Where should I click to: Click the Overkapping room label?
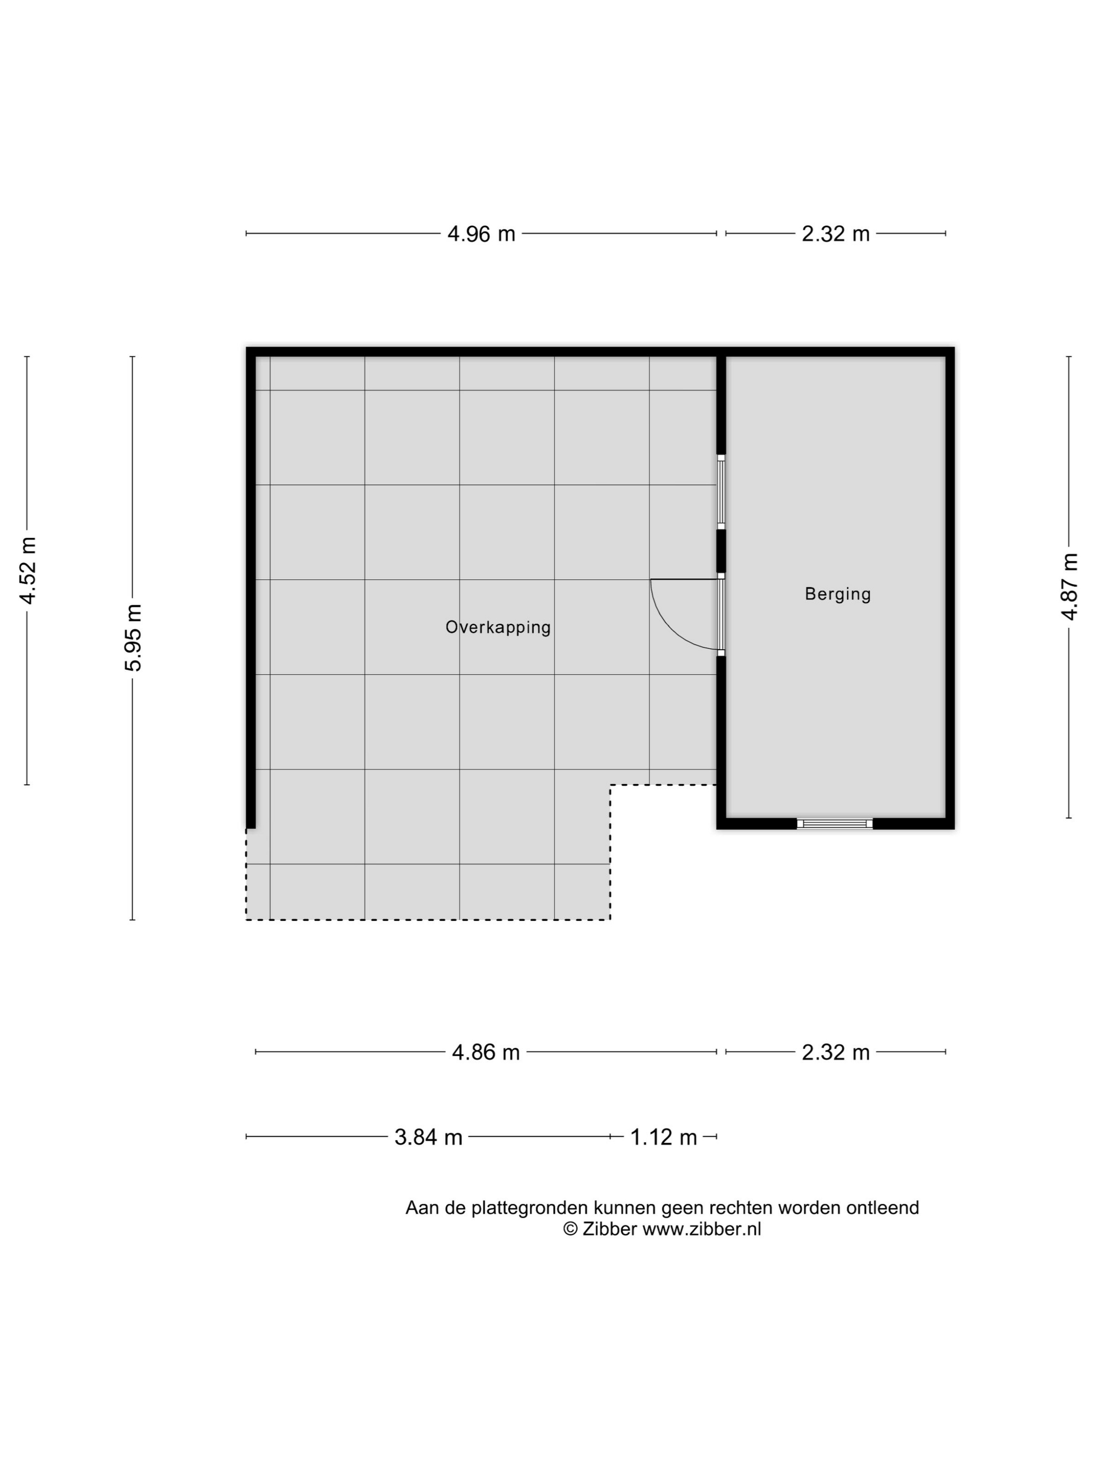pyautogui.click(x=497, y=628)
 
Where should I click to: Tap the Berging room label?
pyautogui.click(x=838, y=594)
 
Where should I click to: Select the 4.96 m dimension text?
pyautogui.click(x=481, y=234)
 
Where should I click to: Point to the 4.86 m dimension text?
pyautogui.click(x=485, y=1052)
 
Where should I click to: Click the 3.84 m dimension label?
pyautogui.click(x=428, y=1137)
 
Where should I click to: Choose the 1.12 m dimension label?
pyautogui.click(x=663, y=1137)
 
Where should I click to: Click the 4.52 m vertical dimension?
pyautogui.click(x=28, y=571)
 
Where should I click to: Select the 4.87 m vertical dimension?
pyautogui.click(x=1069, y=587)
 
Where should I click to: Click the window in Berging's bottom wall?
pyautogui.click(x=835, y=823)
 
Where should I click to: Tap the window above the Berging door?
pyautogui.click(x=721, y=492)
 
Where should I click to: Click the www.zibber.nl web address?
pyautogui.click(x=701, y=1229)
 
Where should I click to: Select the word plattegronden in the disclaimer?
pyautogui.click(x=529, y=1208)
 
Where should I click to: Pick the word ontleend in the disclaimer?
pyautogui.click(x=883, y=1208)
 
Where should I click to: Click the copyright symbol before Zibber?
pyautogui.click(x=570, y=1229)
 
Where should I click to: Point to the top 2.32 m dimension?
pyautogui.click(x=836, y=234)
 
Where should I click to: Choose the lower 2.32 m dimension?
pyautogui.click(x=836, y=1052)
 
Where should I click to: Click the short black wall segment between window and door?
pyautogui.click(x=721, y=551)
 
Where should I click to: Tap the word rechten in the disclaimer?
pyautogui.click(x=741, y=1208)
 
